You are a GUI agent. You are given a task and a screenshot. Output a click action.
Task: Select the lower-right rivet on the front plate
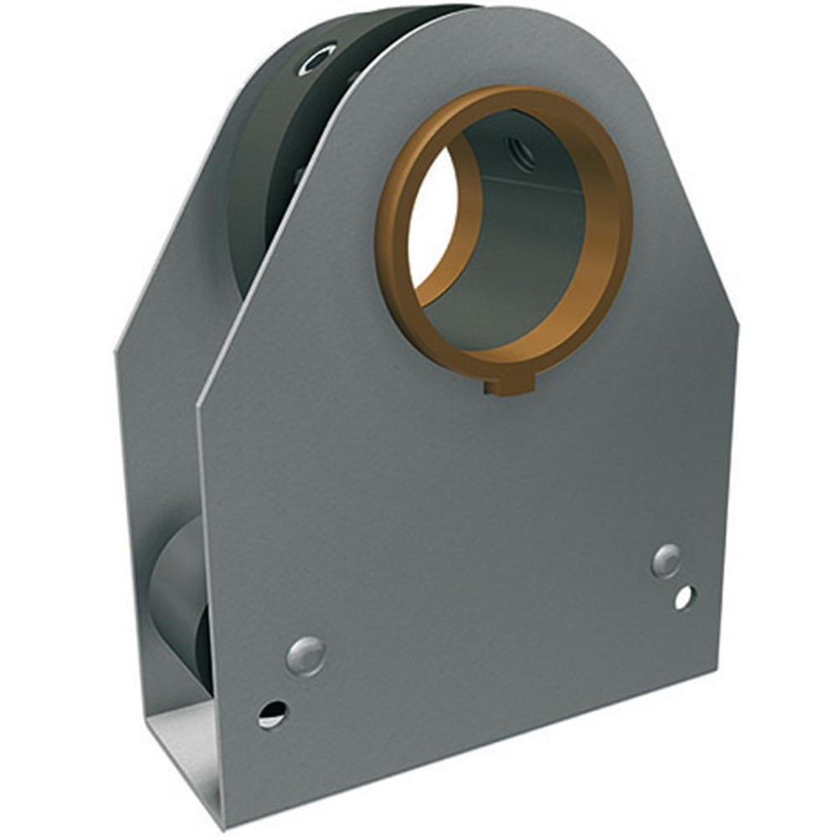pos(666,560)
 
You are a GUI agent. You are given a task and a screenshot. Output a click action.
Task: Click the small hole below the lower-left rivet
pos(272,714)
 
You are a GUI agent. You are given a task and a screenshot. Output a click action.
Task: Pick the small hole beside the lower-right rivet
pos(685,597)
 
